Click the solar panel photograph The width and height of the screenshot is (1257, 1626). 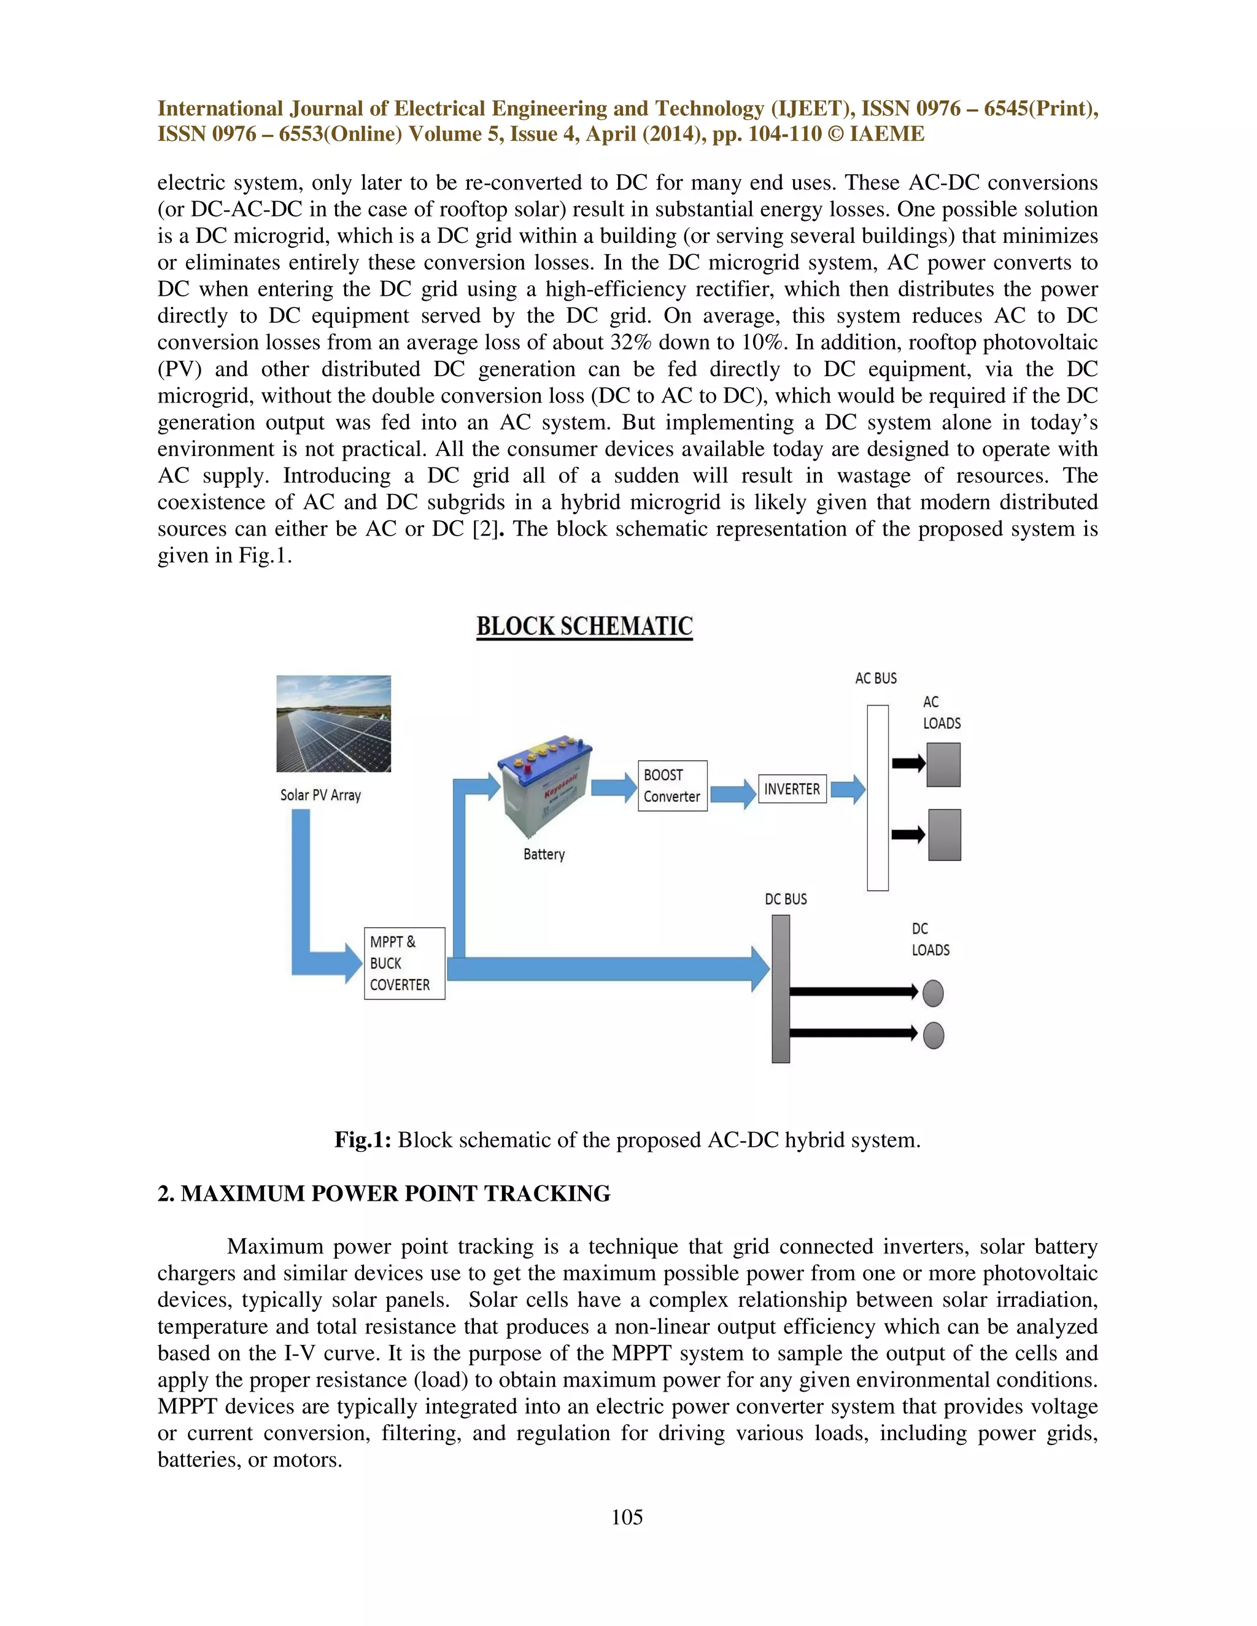pos(334,723)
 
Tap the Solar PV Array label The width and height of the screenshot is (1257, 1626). pos(320,795)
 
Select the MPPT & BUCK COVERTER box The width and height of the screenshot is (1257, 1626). pos(404,963)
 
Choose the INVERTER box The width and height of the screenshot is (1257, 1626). pos(792,789)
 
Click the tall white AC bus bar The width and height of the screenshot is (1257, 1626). pos(877,798)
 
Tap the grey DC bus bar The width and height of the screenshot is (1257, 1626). pos(781,988)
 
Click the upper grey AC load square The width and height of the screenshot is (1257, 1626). pos(943,765)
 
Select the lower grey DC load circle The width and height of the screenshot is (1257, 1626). pos(933,1036)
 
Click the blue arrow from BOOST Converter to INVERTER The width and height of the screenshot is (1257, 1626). pos(733,793)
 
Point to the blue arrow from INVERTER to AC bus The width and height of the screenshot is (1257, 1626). pos(848,789)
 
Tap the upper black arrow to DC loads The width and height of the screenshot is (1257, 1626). pos(853,992)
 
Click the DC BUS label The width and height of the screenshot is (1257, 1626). pos(786,900)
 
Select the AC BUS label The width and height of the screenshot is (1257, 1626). pos(876,678)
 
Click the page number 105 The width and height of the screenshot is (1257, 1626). pos(627,1517)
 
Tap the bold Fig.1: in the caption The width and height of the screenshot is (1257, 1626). pos(363,1140)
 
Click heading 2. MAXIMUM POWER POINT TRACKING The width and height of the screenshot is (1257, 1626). pos(384,1193)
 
